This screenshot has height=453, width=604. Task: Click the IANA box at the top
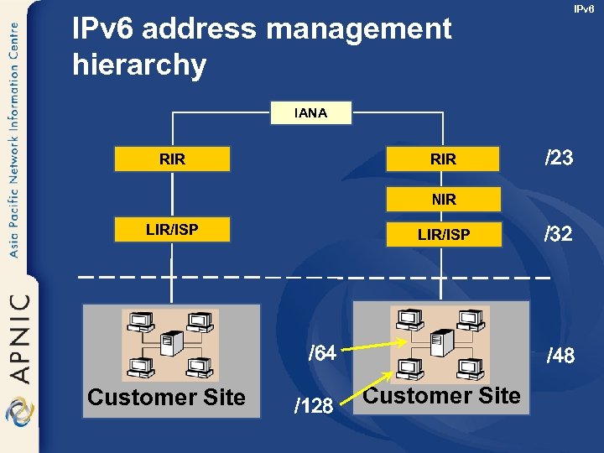tap(311, 113)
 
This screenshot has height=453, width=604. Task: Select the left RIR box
tap(172, 159)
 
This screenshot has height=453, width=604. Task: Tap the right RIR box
tap(443, 159)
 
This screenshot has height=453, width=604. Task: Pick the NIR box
tap(443, 199)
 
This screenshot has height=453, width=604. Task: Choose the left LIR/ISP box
tap(172, 229)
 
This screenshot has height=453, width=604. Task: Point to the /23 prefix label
tap(559, 158)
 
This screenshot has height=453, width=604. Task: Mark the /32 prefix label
tap(559, 234)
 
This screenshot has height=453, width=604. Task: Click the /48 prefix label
tap(560, 356)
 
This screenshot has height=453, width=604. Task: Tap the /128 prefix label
tap(314, 407)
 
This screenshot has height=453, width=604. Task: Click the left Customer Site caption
tap(166, 397)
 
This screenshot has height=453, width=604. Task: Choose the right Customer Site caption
tap(443, 395)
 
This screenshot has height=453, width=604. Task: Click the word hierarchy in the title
tap(139, 65)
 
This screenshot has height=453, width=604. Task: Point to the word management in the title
tap(359, 30)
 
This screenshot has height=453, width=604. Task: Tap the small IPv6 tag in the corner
tap(584, 9)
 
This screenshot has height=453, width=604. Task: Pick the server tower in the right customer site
tap(438, 342)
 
